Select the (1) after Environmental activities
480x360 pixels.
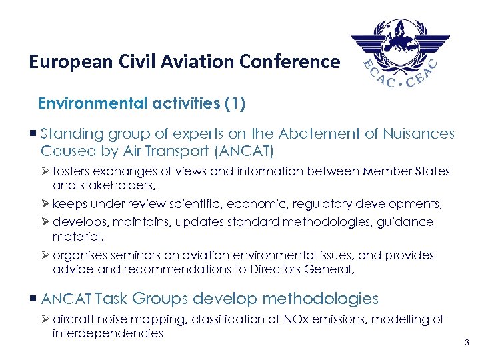pyautogui.click(x=234, y=104)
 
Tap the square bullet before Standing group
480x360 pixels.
pyautogui.click(x=33, y=134)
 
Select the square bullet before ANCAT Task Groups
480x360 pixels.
pyautogui.click(x=33, y=299)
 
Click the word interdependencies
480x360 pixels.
pyautogui.click(x=107, y=333)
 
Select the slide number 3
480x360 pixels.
pyautogui.click(x=467, y=343)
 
